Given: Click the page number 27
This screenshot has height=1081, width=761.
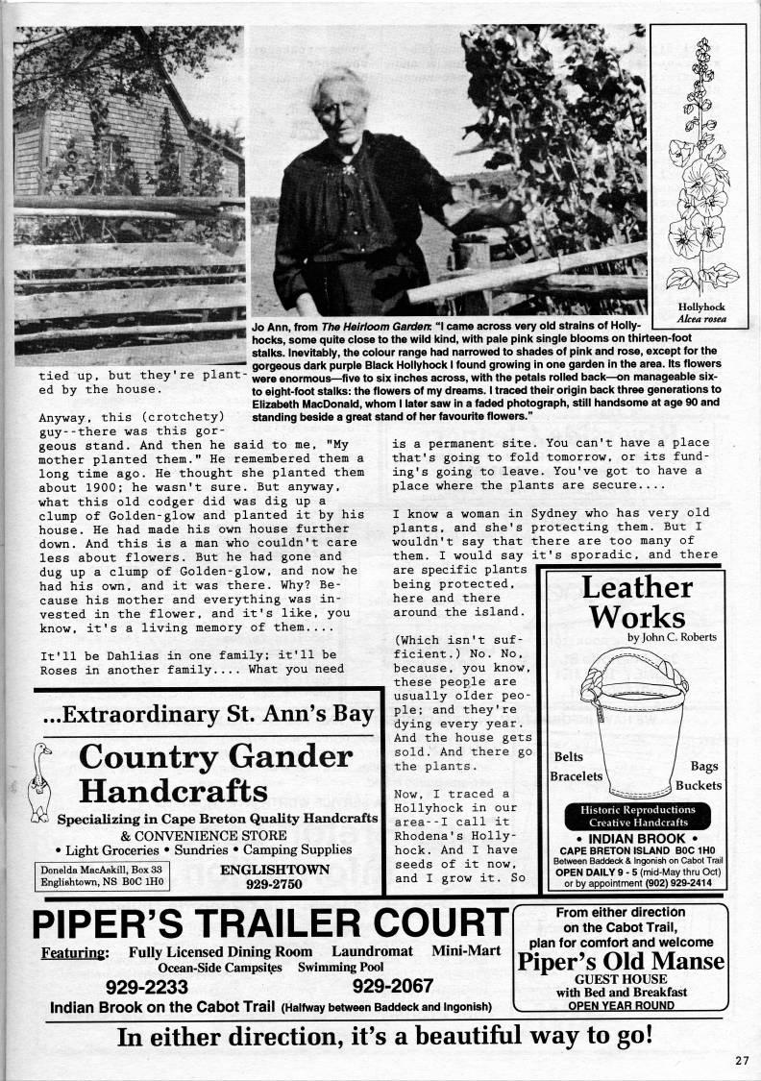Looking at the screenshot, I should [x=740, y=1060].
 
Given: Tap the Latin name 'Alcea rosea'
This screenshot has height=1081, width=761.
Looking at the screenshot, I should [x=701, y=318].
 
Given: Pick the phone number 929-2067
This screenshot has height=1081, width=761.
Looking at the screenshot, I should [x=394, y=986].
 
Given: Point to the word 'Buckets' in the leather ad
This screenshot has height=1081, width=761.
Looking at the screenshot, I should [x=698, y=785].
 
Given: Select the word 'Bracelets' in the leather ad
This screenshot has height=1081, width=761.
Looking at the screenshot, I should [x=577, y=775].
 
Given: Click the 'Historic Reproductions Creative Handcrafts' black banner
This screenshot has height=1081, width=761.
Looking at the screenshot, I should [x=637, y=816].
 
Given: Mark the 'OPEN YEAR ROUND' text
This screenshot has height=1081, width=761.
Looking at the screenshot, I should [x=621, y=1005].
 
